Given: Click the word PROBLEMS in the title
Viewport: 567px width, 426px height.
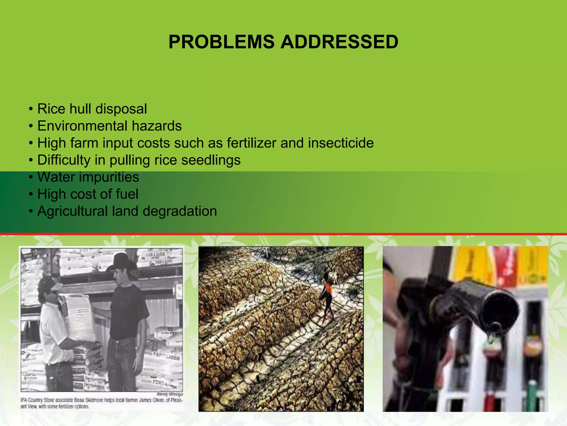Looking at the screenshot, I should coord(221,42).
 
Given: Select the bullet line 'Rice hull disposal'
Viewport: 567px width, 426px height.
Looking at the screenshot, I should coord(92,109).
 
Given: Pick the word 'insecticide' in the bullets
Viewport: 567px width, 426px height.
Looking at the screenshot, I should coord(341,143).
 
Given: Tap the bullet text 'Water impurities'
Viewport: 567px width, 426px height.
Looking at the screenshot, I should coord(88,177).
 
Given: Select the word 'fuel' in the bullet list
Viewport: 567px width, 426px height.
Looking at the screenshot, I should coord(127,194).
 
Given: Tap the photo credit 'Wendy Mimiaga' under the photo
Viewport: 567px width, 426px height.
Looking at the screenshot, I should coord(170,394).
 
